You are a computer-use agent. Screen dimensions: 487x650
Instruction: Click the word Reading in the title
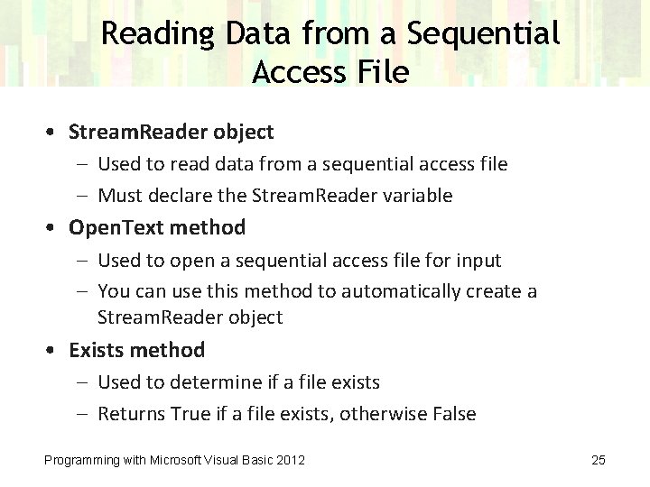click(x=158, y=34)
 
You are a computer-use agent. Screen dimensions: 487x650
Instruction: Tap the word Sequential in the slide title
click(x=483, y=34)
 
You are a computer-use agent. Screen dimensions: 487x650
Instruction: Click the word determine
click(x=210, y=382)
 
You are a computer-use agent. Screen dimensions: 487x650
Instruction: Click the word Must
click(x=118, y=196)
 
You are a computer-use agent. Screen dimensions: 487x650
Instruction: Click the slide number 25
click(x=598, y=460)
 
